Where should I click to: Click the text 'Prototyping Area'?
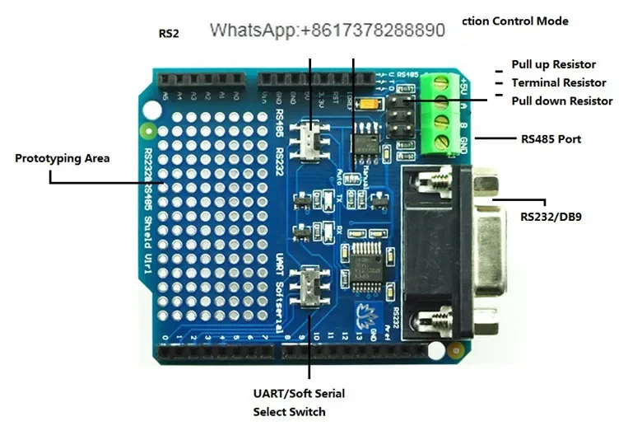tap(62, 158)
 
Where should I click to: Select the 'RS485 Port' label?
tap(551, 139)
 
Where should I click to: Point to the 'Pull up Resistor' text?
tap(553, 64)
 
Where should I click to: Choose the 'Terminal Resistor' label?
tap(558, 82)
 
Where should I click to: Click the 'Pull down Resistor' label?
tap(561, 101)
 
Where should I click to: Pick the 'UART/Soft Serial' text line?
tap(299, 394)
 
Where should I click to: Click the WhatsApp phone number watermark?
tap(327, 30)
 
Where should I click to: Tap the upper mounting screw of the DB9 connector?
tap(434, 179)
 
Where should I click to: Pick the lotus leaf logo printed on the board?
tap(365, 312)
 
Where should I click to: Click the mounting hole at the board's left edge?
tap(148, 129)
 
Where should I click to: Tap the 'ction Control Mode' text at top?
tap(515, 21)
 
